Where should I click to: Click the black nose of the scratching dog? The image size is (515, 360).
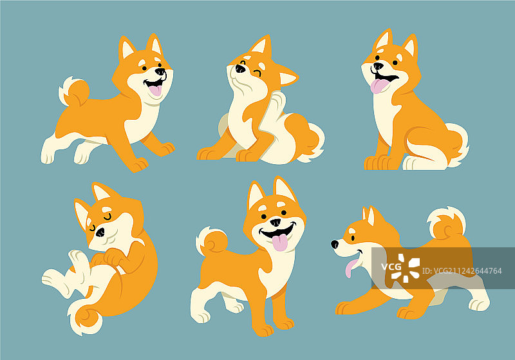[240, 68]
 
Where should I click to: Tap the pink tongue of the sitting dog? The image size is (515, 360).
[379, 86]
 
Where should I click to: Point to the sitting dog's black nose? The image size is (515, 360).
[379, 66]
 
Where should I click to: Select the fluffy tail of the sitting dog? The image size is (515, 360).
[457, 144]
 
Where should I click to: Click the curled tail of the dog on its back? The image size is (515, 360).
[86, 317]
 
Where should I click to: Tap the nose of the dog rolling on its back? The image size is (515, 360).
[100, 232]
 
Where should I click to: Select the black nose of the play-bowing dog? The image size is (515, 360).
[335, 244]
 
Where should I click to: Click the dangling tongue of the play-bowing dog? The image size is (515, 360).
[350, 268]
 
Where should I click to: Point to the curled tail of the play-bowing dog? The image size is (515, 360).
[447, 223]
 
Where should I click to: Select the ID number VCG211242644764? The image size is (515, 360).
[462, 271]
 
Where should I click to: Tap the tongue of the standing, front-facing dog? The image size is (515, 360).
[280, 243]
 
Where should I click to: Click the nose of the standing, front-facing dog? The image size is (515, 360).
[276, 222]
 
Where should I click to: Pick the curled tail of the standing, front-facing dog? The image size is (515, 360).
[212, 242]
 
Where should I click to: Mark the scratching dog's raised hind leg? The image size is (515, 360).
[271, 122]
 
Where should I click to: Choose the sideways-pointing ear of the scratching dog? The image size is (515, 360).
[288, 77]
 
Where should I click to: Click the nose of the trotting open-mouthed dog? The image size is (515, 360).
[160, 71]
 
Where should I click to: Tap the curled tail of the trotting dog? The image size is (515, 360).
[73, 91]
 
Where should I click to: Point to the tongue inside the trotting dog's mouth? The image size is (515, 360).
[155, 90]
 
